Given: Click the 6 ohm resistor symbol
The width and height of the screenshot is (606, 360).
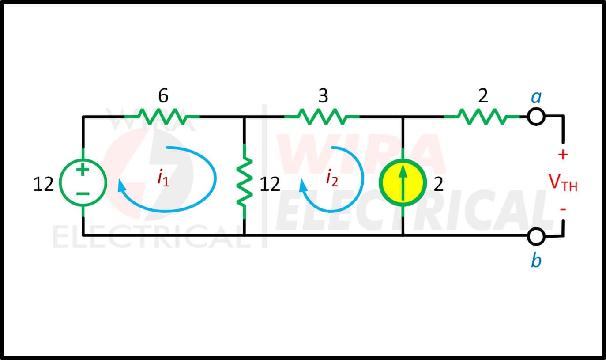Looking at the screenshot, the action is click(x=162, y=117).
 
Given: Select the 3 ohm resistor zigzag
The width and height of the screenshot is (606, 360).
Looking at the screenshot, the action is click(x=322, y=117).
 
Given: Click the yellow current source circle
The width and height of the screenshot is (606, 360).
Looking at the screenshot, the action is click(x=403, y=183).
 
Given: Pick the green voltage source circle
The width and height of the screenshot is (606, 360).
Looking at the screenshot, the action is click(x=83, y=183).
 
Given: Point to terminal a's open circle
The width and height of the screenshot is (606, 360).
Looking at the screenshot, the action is click(x=536, y=117).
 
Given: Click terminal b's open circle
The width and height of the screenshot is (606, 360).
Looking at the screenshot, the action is click(x=536, y=236).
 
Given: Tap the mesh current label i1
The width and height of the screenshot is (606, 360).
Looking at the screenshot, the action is click(x=163, y=178).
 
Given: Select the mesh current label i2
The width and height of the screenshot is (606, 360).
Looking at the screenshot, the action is click(x=332, y=178).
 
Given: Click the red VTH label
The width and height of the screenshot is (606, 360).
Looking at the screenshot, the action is click(x=563, y=182).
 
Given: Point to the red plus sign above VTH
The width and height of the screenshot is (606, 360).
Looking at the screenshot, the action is click(x=563, y=155).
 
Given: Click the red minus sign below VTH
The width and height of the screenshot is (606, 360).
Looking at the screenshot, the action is click(x=563, y=209).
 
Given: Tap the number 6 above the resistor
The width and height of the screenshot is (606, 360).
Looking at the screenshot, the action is click(x=163, y=95).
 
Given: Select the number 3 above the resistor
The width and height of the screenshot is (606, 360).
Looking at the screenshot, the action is click(x=323, y=95).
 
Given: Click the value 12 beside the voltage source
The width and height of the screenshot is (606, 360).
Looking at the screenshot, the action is click(x=43, y=184).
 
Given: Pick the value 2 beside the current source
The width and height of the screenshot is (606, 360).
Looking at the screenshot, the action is click(x=439, y=184).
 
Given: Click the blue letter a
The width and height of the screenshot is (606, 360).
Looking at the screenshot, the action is click(x=536, y=97).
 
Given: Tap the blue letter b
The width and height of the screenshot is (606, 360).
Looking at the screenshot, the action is click(x=536, y=260).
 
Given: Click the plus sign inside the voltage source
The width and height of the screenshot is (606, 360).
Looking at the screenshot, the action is click(x=83, y=170).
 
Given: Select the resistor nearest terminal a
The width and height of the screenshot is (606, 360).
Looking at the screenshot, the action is click(x=482, y=117).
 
